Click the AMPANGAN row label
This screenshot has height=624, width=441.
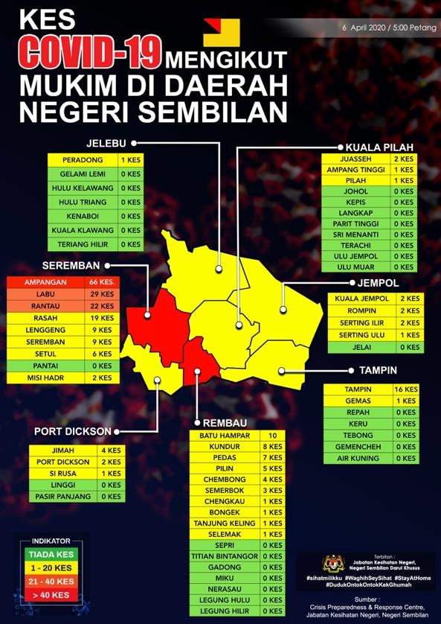(46, 283)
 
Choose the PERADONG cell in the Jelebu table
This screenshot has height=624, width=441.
(82, 160)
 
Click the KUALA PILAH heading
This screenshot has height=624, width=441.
(379, 147)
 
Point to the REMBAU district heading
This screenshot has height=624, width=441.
(225, 422)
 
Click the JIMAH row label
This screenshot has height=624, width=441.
(62, 451)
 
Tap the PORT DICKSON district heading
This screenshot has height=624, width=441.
(73, 431)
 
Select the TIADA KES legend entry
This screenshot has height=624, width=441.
(51, 554)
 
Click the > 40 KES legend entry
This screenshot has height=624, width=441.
(51, 594)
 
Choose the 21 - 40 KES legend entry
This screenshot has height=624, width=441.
(51, 581)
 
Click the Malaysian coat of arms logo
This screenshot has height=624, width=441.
(332, 563)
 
